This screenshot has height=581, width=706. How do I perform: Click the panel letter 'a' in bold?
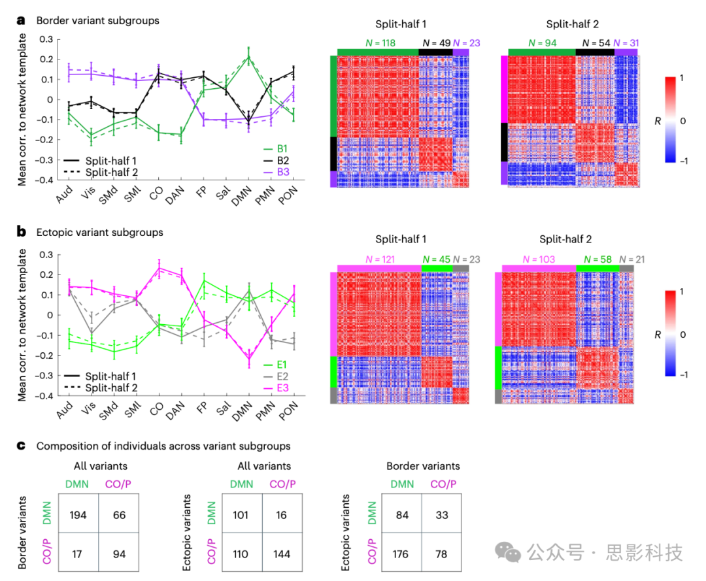point(22,20)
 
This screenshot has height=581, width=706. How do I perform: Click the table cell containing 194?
point(76,516)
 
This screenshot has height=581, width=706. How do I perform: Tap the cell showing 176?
point(401,554)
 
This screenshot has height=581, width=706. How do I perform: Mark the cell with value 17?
point(76,554)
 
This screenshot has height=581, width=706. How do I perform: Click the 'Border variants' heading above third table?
point(423,466)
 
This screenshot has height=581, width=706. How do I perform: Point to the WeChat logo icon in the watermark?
point(508,552)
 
